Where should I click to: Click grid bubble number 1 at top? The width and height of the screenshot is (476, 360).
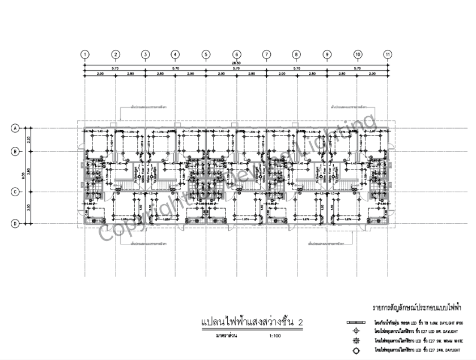pos(85,54)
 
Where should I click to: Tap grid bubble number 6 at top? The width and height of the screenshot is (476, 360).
pos(236,54)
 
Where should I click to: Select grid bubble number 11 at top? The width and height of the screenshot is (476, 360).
pos(388,54)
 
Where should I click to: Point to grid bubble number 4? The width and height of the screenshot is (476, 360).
pos(176,54)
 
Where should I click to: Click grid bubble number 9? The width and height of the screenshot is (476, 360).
pos(327,54)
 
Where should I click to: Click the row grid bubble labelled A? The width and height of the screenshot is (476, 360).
pos(15,128)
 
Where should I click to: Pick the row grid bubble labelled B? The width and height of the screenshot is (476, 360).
pos(15,151)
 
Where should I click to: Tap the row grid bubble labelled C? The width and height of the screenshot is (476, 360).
pos(15,192)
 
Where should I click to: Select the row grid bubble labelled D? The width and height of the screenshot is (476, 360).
pos(15,223)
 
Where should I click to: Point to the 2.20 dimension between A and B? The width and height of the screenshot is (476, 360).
pos(29,140)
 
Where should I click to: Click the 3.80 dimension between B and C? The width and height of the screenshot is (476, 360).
pos(29,171)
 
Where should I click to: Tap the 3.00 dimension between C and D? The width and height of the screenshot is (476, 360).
pos(29,207)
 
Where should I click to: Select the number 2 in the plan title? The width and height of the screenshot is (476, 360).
pos(300,323)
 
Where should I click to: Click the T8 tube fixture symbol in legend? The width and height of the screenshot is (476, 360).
pos(356,321)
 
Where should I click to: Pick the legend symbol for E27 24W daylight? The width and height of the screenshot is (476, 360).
pos(356,351)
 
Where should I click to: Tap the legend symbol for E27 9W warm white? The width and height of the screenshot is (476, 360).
pos(356,341)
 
